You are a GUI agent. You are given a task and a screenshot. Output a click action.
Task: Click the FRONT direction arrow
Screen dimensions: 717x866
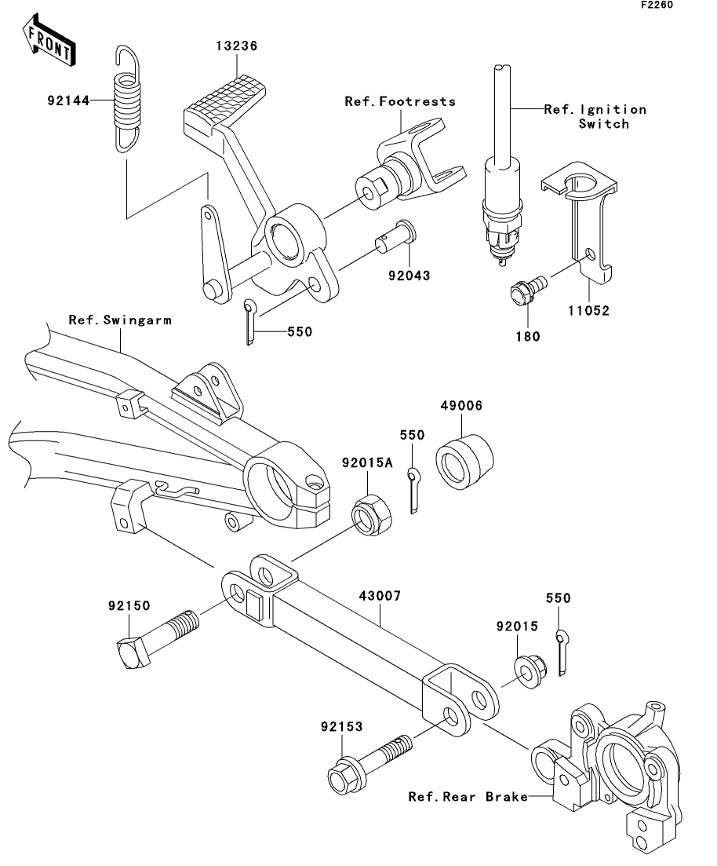point(49,42)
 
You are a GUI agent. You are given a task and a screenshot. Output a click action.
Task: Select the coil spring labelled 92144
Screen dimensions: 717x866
point(127,100)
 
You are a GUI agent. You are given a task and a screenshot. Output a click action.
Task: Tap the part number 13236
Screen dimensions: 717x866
point(237,46)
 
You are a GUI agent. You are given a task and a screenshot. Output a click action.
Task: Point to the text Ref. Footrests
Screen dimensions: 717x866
point(400,101)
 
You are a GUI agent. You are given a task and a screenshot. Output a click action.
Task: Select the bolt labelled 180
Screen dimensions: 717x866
point(528,290)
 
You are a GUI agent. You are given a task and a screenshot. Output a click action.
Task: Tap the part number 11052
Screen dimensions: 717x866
point(589,311)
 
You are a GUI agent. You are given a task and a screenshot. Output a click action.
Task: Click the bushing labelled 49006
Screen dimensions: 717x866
point(464,462)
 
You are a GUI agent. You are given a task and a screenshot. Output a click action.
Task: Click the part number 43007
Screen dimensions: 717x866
point(380,596)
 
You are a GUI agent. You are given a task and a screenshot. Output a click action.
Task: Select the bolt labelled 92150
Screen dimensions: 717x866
point(158,639)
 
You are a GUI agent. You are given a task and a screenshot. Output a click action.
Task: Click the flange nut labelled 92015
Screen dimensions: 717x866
point(530,671)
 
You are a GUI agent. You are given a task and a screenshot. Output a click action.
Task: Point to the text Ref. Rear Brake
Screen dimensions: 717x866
point(468,797)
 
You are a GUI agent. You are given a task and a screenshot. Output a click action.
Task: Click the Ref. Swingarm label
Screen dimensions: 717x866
point(120,320)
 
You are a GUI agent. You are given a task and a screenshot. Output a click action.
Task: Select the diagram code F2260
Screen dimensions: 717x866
point(657,5)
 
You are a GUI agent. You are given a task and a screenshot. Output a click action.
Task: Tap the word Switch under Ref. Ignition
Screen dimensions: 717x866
point(604,124)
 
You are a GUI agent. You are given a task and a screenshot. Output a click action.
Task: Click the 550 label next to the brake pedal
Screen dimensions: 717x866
point(300,332)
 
